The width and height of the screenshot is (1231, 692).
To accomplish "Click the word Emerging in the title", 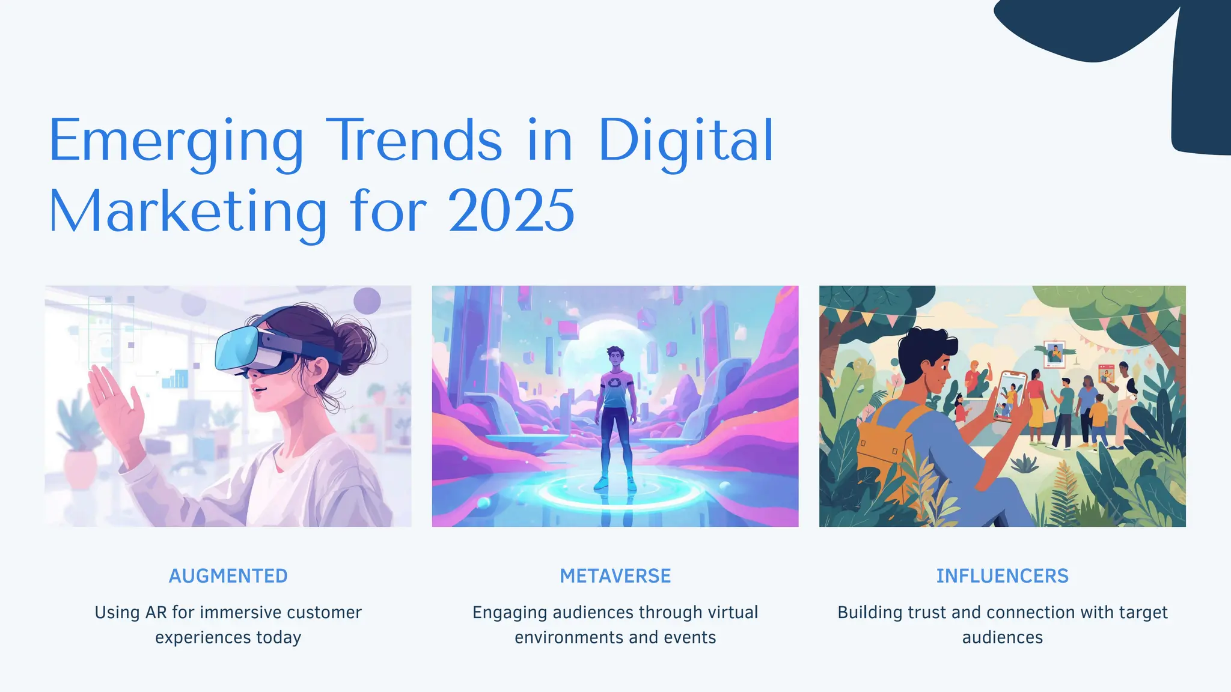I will pyautogui.click(x=176, y=142).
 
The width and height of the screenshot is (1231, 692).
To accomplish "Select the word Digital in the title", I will pyautogui.click(x=686, y=142).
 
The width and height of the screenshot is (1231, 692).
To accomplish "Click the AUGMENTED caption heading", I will pyautogui.click(x=228, y=576).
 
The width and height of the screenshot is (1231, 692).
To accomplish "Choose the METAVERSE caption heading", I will pyautogui.click(x=615, y=576).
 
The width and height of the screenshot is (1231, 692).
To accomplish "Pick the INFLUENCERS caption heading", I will pyautogui.click(x=1002, y=576).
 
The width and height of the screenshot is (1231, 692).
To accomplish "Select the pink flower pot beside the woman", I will pyautogui.click(x=80, y=469).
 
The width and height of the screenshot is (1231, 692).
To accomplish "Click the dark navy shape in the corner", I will pyautogui.click(x=1196, y=78).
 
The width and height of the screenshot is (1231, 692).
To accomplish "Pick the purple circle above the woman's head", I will pyautogui.click(x=367, y=300).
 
